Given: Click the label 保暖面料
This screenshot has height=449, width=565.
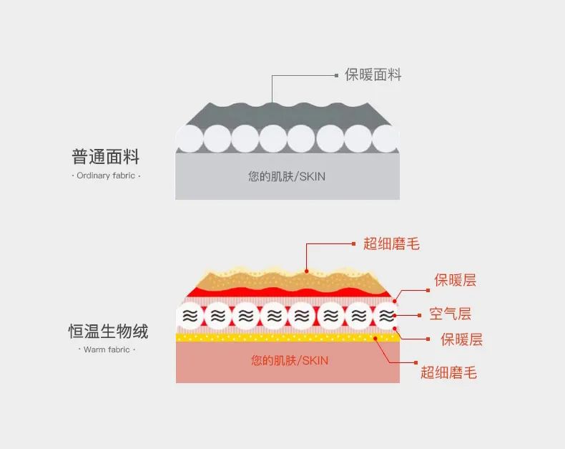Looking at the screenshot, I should click(373, 74).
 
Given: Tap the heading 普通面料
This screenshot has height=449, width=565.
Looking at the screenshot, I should click(106, 156).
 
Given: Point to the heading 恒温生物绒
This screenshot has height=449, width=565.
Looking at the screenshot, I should click(108, 332).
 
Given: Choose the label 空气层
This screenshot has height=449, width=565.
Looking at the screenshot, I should click(450, 314).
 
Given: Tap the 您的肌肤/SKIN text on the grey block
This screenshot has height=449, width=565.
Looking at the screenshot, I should click(287, 176).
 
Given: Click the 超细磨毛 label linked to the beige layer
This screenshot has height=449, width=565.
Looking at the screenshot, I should click(391, 244).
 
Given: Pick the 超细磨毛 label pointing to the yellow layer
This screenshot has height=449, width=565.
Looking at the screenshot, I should click(448, 372).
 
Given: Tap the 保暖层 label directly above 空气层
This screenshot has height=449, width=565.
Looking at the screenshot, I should click(456, 281).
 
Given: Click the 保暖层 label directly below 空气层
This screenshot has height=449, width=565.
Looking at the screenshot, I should click(461, 339).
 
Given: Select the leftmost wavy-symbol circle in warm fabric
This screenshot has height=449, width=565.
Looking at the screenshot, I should click(190, 316).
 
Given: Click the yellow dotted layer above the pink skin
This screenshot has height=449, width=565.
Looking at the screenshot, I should click(286, 337).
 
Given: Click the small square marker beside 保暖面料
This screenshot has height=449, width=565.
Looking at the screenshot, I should click(337, 74).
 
